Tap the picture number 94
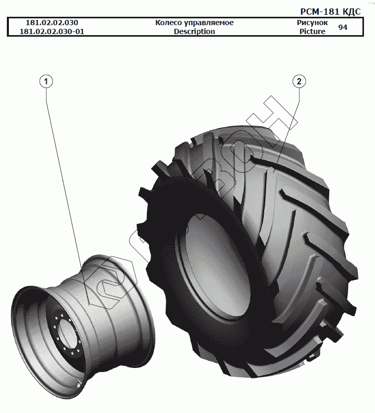point(342,27)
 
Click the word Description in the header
point(194,31)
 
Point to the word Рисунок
point(312,23)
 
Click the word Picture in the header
point(312,31)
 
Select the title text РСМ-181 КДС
point(330,12)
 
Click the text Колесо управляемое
point(194,23)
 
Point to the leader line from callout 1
point(63,173)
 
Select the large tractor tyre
point(294,252)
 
